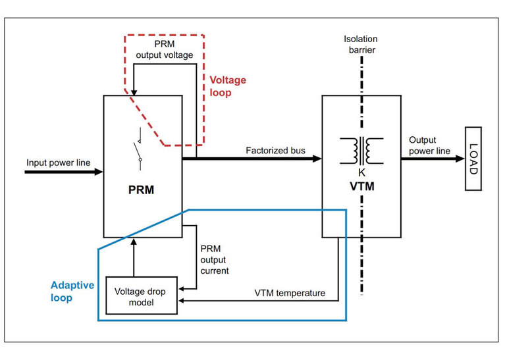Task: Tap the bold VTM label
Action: coord(361,186)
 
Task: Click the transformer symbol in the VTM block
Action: coord(361,151)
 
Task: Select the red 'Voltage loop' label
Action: coord(228,86)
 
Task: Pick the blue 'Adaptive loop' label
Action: coord(72,291)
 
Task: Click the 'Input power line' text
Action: coord(58,161)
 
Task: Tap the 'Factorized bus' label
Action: coord(276,151)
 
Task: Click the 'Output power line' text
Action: coord(429,145)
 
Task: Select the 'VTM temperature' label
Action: coord(290,293)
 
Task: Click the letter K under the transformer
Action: coord(361,172)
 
